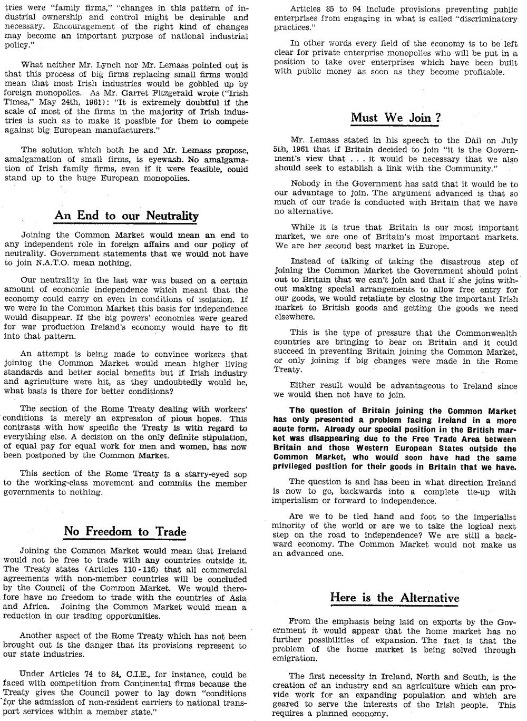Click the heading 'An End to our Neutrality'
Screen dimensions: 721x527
click(x=126, y=216)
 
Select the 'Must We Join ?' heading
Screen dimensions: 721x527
click(x=396, y=118)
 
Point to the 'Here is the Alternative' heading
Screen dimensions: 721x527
click(x=395, y=598)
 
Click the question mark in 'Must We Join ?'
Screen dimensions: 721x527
click(x=437, y=118)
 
